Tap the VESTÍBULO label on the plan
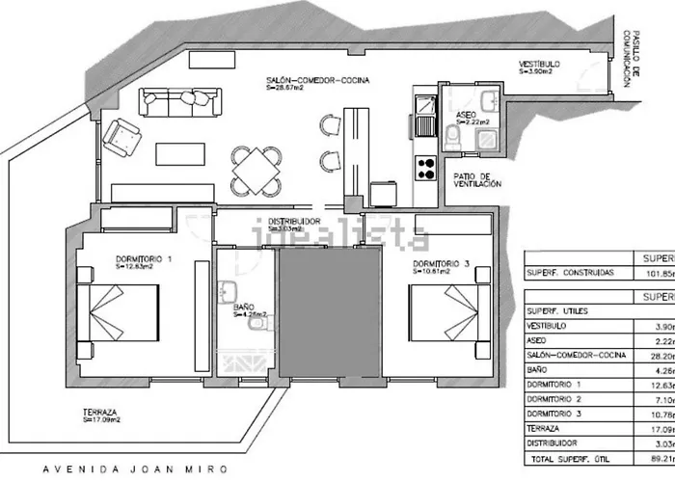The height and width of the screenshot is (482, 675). coord(537,65)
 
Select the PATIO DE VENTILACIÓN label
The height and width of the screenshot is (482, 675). coord(477,180)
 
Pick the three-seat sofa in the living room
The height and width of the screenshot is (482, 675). coord(182,99)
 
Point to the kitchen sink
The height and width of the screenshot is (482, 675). coord(424,119)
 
